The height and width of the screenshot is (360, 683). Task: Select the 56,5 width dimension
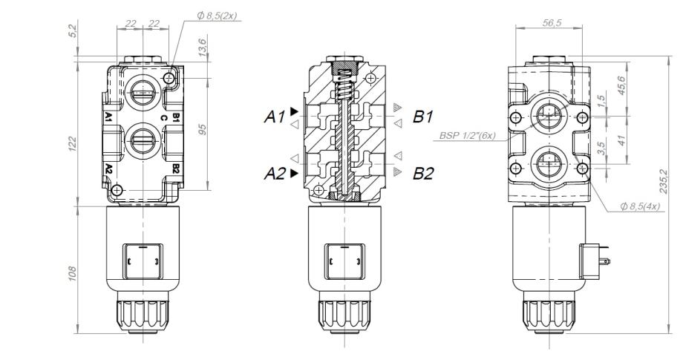552,22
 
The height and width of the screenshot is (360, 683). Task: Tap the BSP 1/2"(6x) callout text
468,135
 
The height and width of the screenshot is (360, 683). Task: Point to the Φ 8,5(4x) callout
640,206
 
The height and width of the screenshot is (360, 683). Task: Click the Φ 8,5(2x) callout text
217,16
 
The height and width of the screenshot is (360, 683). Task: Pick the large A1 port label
275,117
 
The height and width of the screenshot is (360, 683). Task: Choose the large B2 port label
423,174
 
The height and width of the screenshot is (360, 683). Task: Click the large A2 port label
275,174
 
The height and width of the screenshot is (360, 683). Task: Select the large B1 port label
423,117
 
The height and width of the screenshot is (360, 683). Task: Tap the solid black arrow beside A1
295,111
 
